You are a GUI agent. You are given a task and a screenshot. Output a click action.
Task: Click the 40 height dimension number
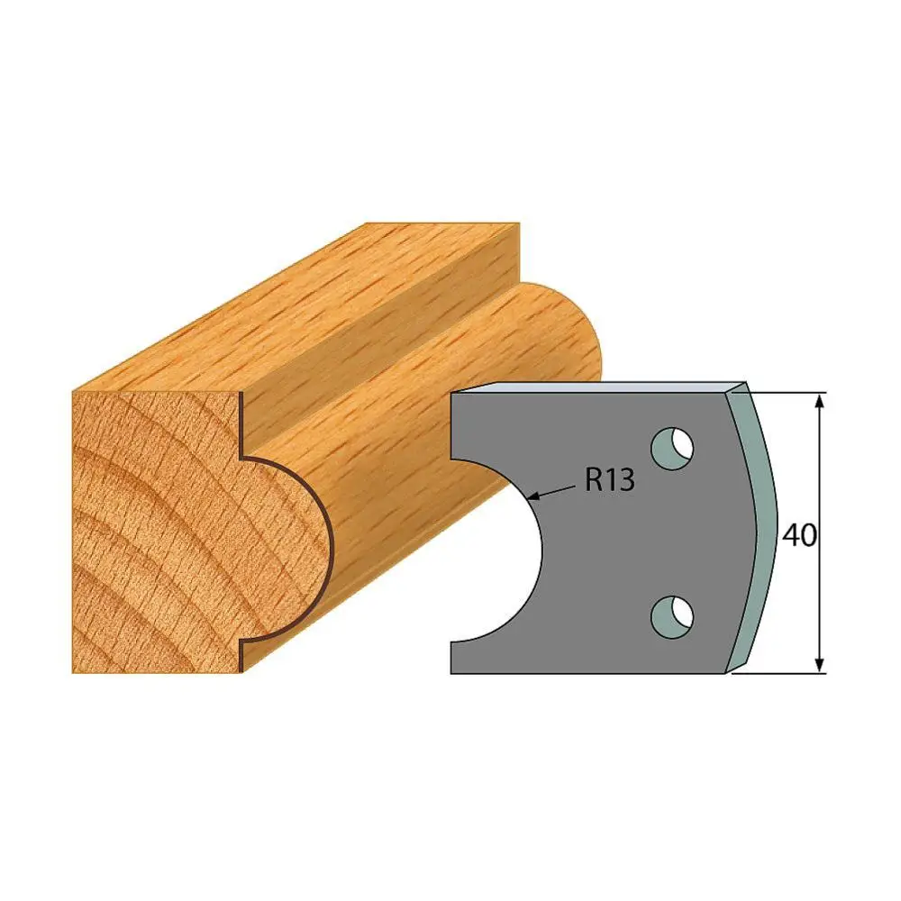pyautogui.click(x=799, y=535)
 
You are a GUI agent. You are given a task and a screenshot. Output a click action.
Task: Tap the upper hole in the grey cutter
pyautogui.click(x=672, y=448)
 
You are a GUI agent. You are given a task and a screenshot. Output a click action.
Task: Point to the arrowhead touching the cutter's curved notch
pyautogui.click(x=534, y=496)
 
